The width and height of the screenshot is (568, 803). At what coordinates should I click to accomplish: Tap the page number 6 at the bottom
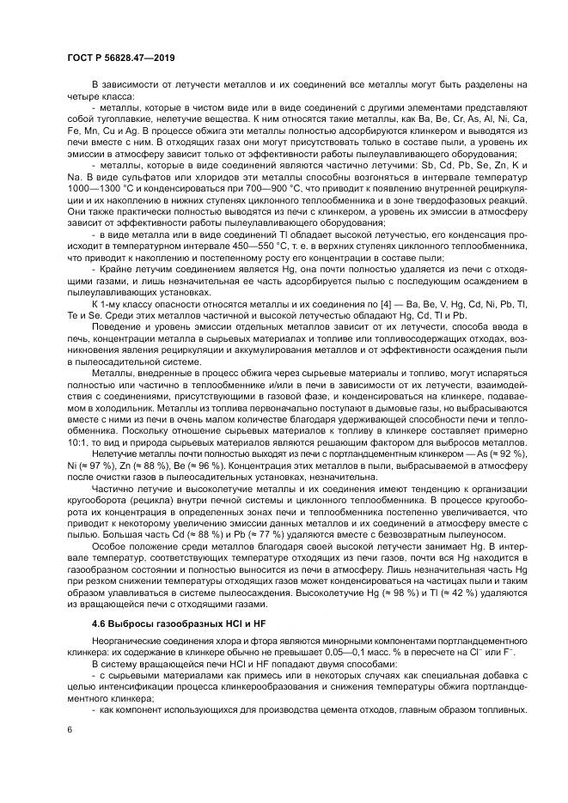[x=70, y=728]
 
